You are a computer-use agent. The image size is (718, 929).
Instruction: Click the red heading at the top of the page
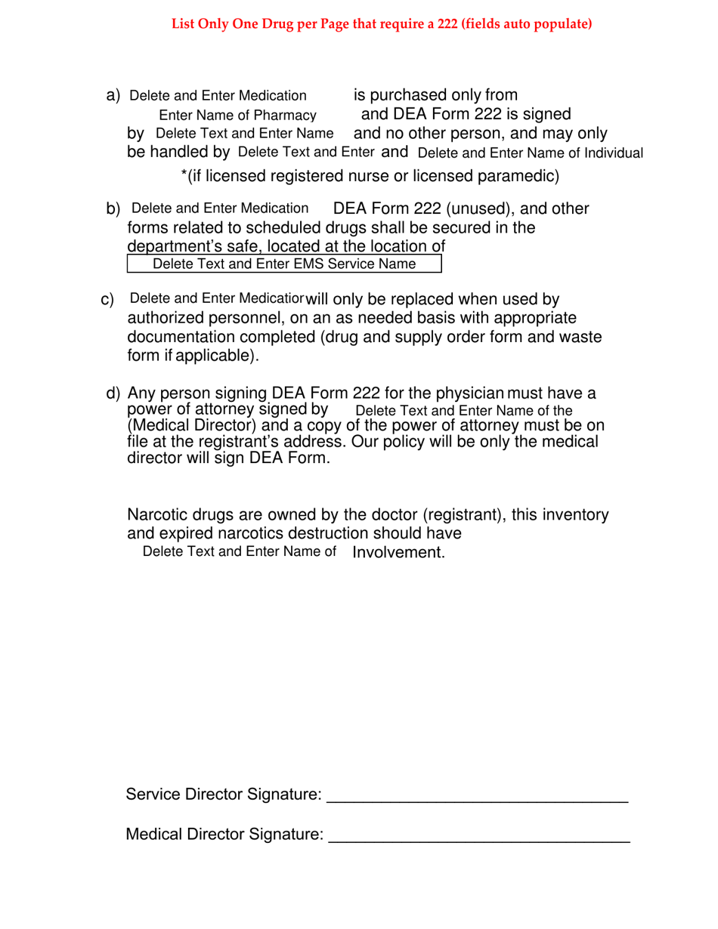coord(382,24)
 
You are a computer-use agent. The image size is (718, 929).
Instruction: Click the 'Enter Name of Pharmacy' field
coord(237,115)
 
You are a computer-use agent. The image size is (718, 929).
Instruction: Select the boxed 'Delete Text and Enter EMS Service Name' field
coord(284,264)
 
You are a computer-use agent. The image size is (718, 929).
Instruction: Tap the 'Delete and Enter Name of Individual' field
coord(530,153)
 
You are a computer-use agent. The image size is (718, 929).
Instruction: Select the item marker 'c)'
coord(107,301)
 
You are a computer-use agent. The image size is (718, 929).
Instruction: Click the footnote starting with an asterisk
coord(370,177)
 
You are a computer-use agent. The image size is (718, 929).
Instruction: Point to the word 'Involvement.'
coord(398,553)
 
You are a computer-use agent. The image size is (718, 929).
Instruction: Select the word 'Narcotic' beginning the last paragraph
coord(156,516)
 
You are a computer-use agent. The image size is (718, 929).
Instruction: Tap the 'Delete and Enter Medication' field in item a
coord(218,95)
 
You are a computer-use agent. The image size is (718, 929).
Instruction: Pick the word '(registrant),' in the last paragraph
coord(463,516)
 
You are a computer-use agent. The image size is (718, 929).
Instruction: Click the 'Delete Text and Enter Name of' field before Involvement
coord(240,551)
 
